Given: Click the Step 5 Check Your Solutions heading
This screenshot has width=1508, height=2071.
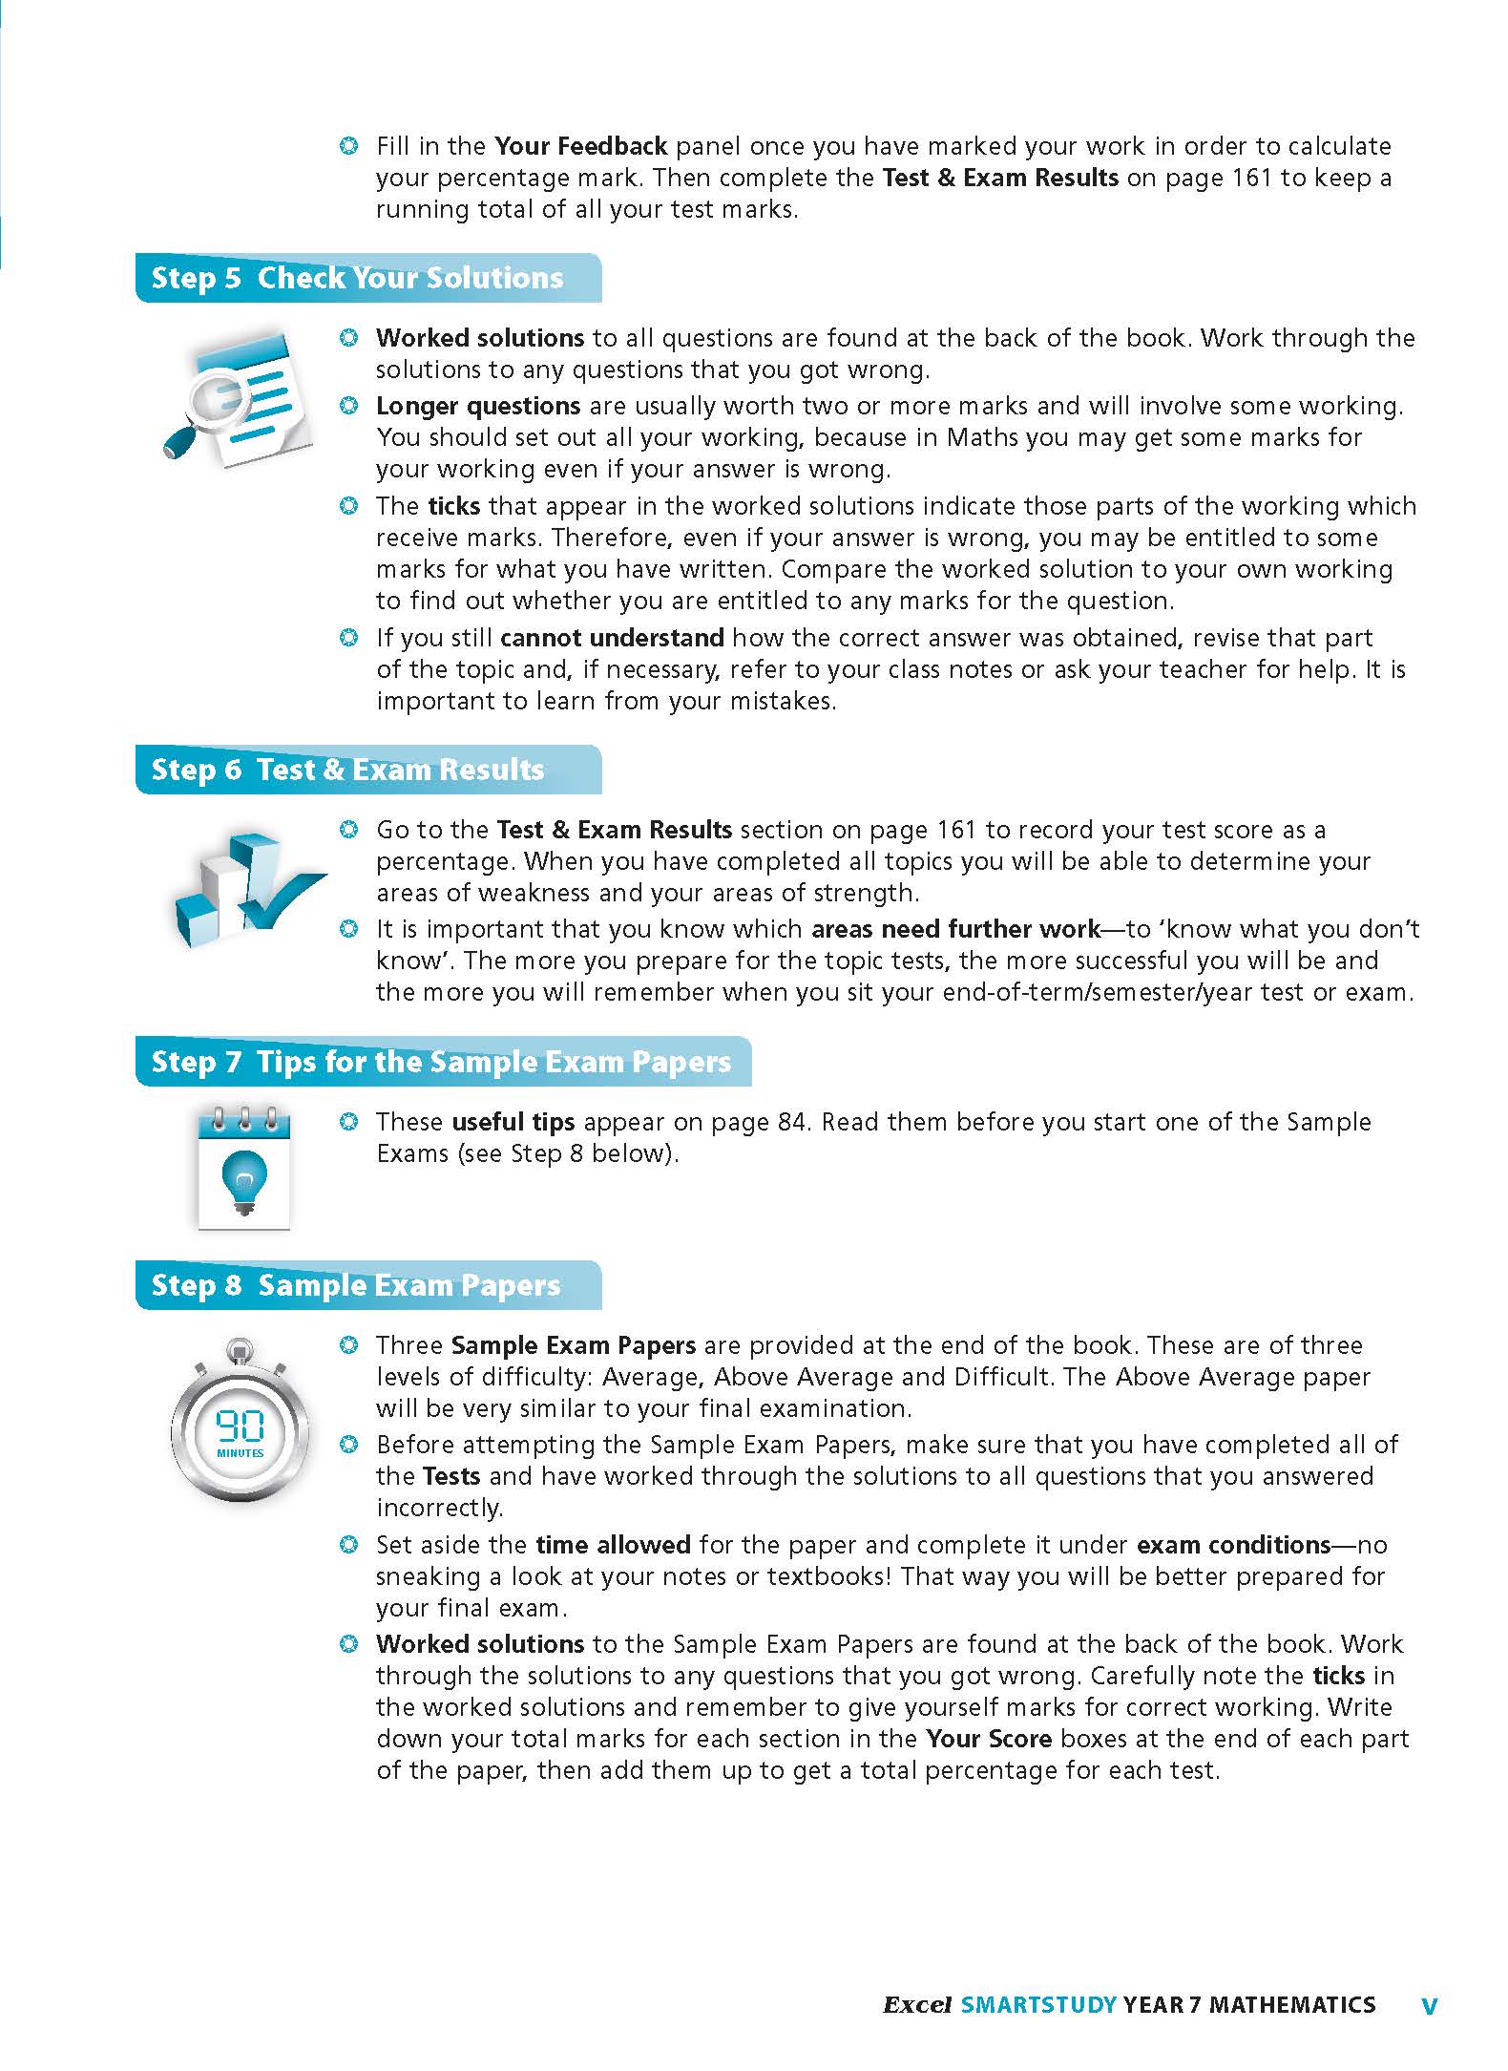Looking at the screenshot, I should pyautogui.click(x=358, y=278).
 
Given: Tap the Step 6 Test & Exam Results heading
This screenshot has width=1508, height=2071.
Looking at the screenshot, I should pyautogui.click(x=348, y=770).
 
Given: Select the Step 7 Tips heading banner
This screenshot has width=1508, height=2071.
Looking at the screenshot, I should pyautogui.click(x=441, y=1062).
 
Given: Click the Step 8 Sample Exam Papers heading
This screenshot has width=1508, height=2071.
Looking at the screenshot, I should pyautogui.click(x=356, y=1285).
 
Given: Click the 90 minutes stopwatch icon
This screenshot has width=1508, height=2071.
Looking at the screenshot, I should pyautogui.click(x=241, y=1423).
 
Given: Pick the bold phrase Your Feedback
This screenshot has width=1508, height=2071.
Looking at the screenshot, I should pyautogui.click(x=580, y=146).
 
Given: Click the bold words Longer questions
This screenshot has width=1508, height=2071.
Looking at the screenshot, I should pyautogui.click(x=478, y=406).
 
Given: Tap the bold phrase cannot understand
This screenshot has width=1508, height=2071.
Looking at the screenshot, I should pyautogui.click(x=612, y=638).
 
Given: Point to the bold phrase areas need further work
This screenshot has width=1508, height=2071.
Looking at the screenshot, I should pyautogui.click(x=955, y=929).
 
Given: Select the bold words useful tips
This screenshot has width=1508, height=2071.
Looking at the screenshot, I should pyautogui.click(x=513, y=1122).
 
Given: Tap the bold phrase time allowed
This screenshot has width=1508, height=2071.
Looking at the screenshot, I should pyautogui.click(x=613, y=1545).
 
